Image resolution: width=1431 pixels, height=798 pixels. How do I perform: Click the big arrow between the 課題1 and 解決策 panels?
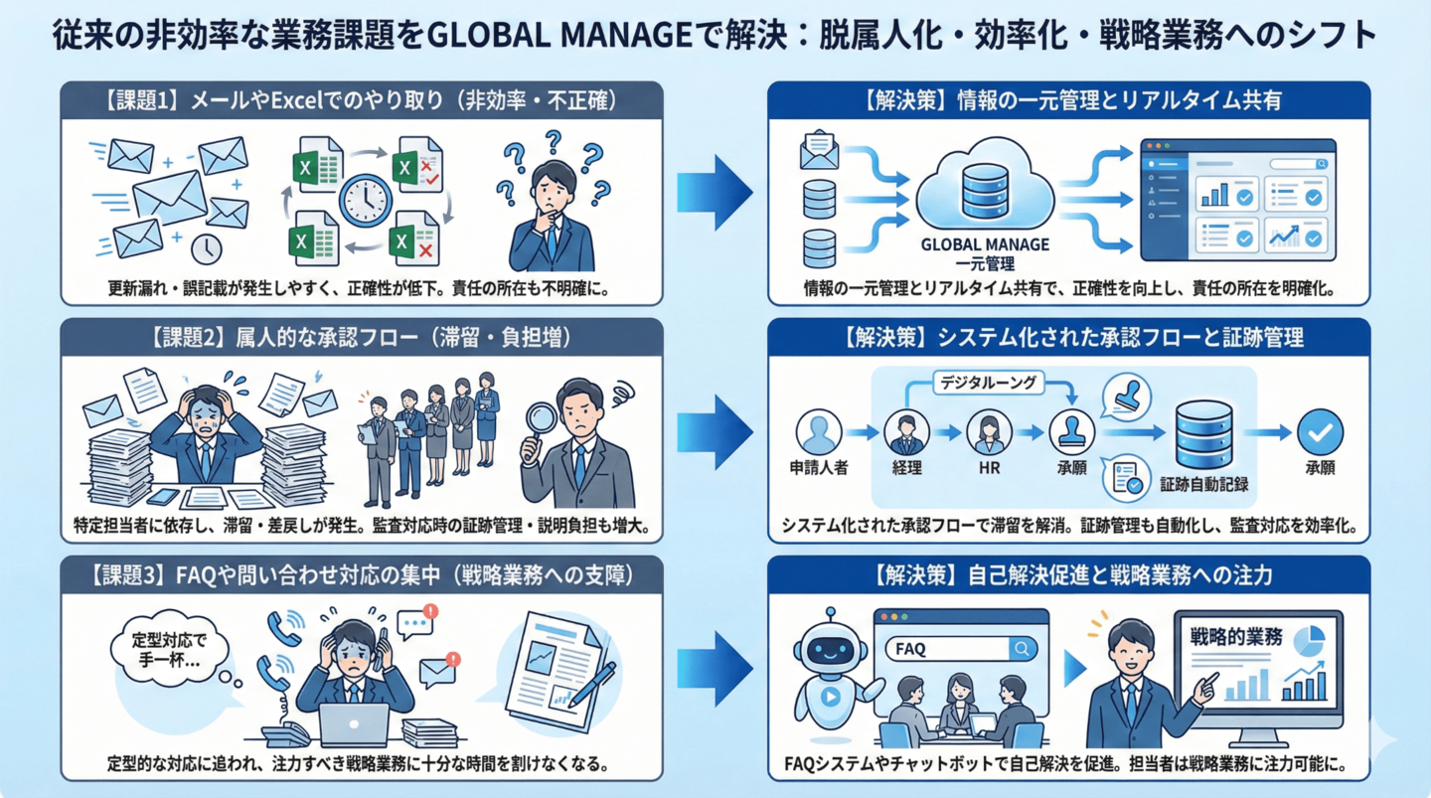click(x=714, y=189)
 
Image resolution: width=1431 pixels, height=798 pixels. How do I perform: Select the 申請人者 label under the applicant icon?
click(x=819, y=467)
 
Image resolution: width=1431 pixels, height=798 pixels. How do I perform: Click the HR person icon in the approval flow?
click(x=988, y=432)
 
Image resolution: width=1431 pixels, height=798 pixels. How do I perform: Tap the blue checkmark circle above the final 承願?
click(x=1320, y=432)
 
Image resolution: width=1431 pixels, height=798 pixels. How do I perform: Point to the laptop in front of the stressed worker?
click(x=354, y=724)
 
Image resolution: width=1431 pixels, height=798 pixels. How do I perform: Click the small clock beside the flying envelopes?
click(x=206, y=248)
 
